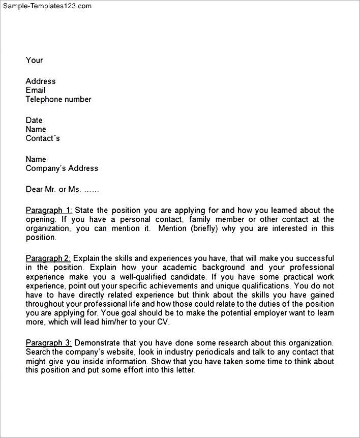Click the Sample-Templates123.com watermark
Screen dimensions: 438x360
pos(46,6)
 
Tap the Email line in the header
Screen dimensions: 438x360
pos(36,90)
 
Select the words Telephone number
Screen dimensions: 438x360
pos(58,99)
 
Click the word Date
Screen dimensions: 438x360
pos(34,120)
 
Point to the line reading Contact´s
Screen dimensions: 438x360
pos(43,138)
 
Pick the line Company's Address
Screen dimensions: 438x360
pos(62,168)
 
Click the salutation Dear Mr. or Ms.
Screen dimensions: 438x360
pos(53,189)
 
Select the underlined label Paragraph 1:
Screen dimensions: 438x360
pos(49,210)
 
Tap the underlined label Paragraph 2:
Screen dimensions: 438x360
pos(49,258)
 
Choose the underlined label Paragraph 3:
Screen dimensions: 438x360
pos(49,343)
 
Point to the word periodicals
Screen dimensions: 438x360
pos(208,353)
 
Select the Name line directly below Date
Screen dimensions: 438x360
pos(36,129)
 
